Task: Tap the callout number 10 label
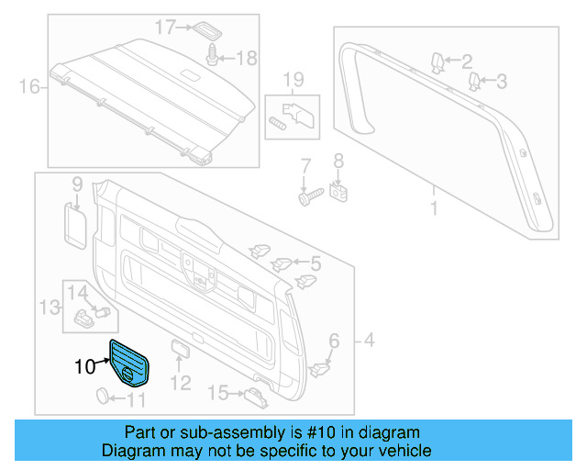pos(84,367)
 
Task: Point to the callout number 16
pos(30,88)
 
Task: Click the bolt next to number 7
pos(307,195)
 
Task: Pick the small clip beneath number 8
pos(338,192)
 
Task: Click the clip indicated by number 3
pos(474,83)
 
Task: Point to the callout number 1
pos(434,208)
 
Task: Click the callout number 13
pos(46,305)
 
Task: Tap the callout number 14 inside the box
pos(78,293)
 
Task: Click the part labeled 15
pos(253,395)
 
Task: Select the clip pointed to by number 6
pos(321,368)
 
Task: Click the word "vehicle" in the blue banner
pos(402,451)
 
